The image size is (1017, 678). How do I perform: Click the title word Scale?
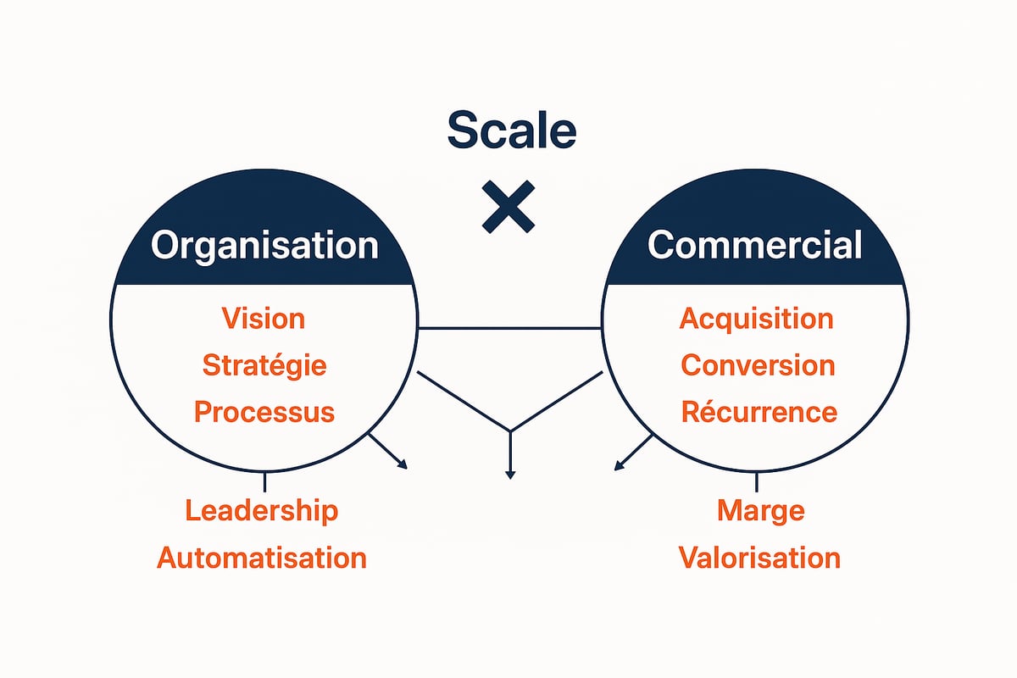pyautogui.click(x=511, y=131)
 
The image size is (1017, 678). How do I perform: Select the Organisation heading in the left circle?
pyautogui.click(x=264, y=245)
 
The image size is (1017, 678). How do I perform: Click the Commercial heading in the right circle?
pyautogui.click(x=755, y=245)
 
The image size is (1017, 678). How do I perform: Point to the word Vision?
pyautogui.click(x=263, y=319)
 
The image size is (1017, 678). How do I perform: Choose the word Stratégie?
pyautogui.click(x=264, y=366)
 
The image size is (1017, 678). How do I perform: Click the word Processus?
pyautogui.click(x=264, y=412)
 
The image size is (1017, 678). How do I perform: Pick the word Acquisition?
pyautogui.click(x=757, y=319)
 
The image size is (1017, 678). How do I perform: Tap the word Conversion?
pyautogui.click(x=758, y=365)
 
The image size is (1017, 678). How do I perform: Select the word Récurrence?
pyautogui.click(x=759, y=412)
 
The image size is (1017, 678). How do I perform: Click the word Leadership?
pyautogui.click(x=262, y=511)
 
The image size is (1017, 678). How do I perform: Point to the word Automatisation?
pyautogui.click(x=262, y=558)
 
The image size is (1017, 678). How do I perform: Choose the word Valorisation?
pyautogui.click(x=759, y=558)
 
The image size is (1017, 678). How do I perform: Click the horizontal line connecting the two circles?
pyautogui.click(x=508, y=327)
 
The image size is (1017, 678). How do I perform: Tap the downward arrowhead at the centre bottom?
pyautogui.click(x=509, y=474)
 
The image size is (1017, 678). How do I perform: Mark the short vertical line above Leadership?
pyautogui.click(x=264, y=482)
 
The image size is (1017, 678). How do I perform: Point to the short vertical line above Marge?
pyautogui.click(x=756, y=482)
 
